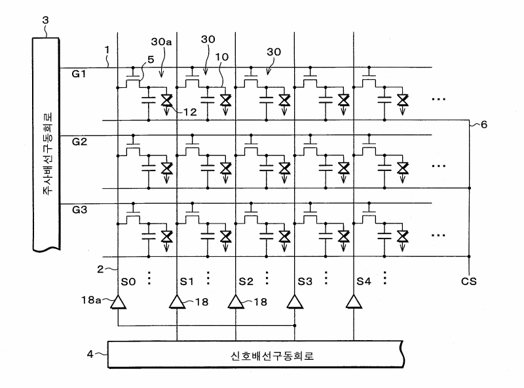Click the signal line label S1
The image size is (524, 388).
click(187, 282)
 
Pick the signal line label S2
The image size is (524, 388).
click(246, 282)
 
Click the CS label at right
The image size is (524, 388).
click(468, 282)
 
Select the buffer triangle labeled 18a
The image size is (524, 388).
click(118, 302)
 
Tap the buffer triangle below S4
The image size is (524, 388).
click(354, 302)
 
